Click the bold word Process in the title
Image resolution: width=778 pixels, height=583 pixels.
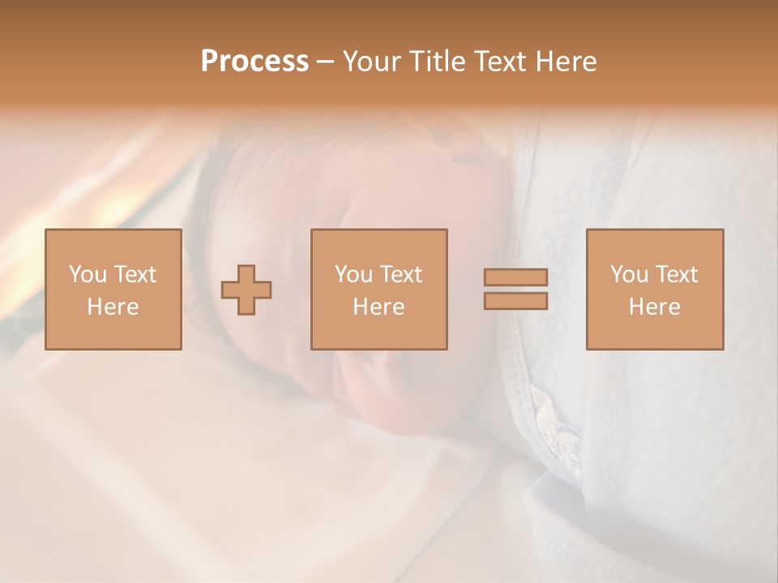pos(254,62)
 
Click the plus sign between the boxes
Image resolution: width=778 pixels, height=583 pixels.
pos(246,290)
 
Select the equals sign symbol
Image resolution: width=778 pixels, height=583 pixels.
pos(515,289)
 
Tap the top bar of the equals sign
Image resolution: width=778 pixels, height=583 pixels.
pos(515,278)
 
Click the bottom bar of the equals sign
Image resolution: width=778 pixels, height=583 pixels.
pos(515,300)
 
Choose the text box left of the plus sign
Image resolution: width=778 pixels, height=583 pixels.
pos(113,289)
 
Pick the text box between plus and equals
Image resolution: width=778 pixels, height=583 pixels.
pos(378,289)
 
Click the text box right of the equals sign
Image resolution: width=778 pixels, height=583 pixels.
pos(654,289)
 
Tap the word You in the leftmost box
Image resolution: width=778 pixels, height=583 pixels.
pos(87,274)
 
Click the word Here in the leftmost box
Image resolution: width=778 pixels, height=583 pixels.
pos(113,307)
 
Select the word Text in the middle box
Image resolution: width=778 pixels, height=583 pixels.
pos(401,274)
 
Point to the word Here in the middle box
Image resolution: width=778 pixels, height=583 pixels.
pos(378,307)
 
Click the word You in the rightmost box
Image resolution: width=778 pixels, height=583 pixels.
pos(628,274)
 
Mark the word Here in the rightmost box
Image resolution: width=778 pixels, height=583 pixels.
pos(654,307)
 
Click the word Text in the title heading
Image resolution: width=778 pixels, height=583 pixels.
pos(494,62)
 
